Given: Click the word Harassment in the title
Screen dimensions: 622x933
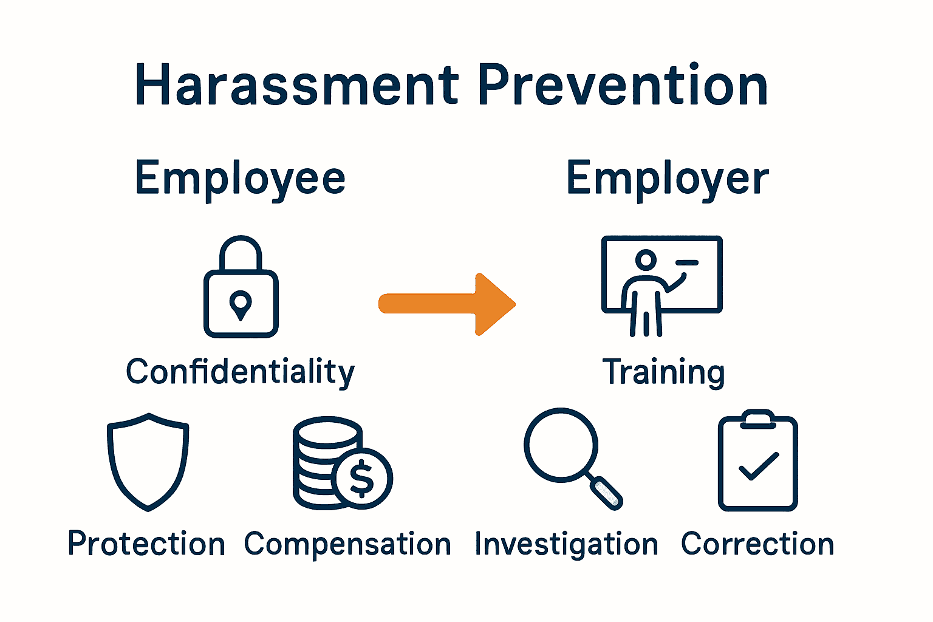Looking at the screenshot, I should click(296, 86).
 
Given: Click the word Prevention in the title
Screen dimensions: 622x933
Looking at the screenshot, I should click(623, 86).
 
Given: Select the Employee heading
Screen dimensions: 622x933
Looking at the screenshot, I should click(241, 179).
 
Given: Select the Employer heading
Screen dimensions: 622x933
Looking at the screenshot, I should click(668, 179).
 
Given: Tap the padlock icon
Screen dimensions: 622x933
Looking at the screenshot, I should click(241, 287).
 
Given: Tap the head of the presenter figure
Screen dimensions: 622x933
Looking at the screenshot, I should click(646, 260).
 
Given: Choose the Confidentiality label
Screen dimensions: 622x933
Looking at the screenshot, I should click(241, 372).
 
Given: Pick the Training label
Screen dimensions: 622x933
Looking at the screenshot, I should click(664, 372).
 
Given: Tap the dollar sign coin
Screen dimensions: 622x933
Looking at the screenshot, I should click(362, 478).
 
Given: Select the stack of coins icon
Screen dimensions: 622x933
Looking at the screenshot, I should click(322, 462).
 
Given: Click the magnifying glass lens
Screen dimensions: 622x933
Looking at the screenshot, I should click(561, 445).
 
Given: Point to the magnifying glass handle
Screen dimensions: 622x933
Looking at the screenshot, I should click(606, 493).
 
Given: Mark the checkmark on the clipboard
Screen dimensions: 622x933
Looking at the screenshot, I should click(758, 466).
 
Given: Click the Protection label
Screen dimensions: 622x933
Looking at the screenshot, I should click(146, 544).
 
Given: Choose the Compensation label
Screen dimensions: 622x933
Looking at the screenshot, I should click(347, 544).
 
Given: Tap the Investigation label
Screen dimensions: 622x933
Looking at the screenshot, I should click(566, 544).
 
